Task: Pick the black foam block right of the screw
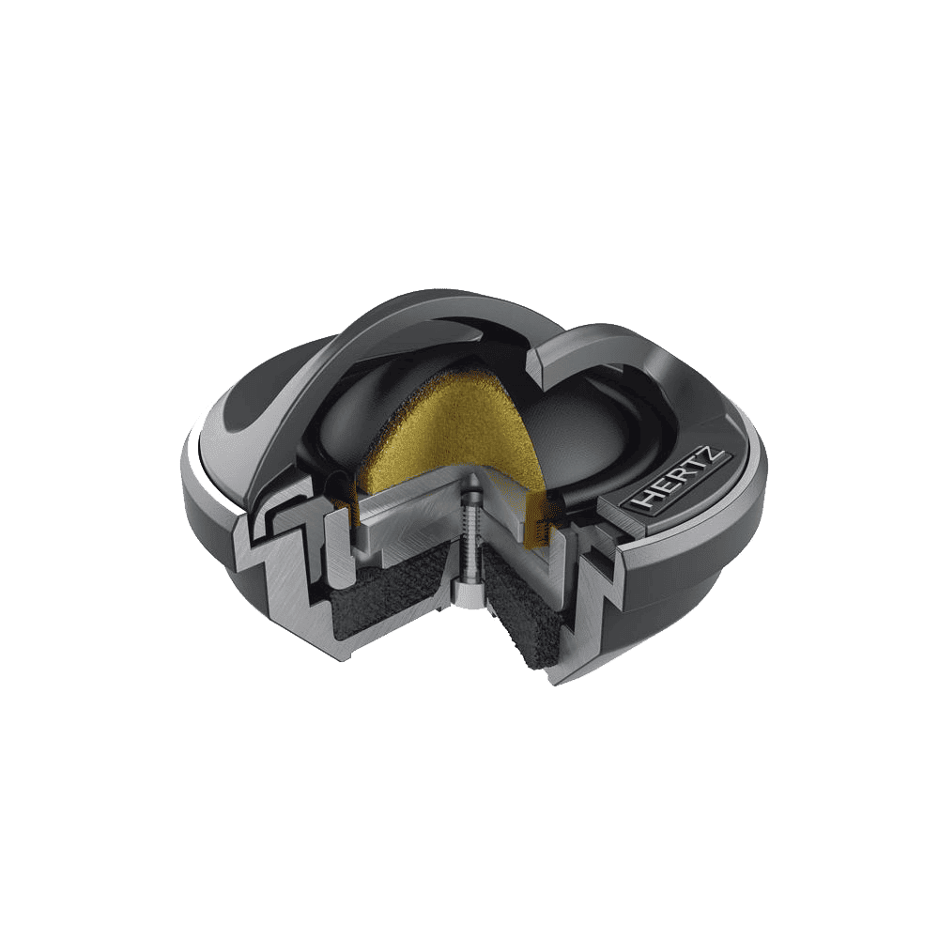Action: tap(527, 616)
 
